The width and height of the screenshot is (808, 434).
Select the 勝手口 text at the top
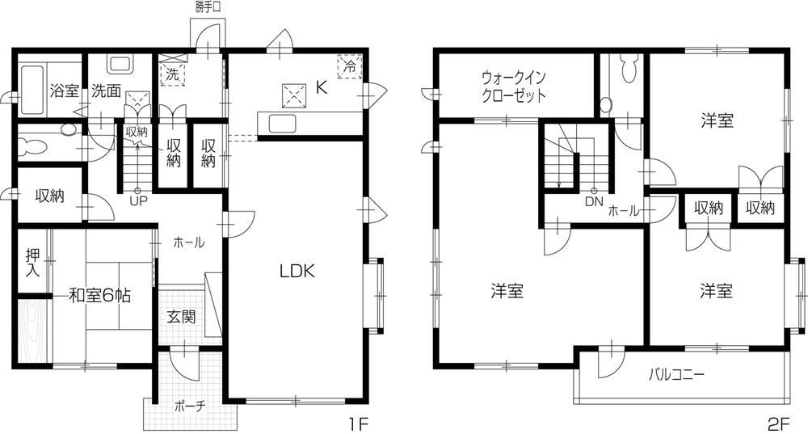(x=208, y=7)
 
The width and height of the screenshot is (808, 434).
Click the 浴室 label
(x=63, y=91)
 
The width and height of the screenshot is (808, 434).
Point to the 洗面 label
(x=105, y=91)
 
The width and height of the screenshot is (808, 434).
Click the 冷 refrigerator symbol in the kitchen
(x=349, y=65)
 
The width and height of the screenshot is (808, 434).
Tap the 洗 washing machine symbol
(x=172, y=74)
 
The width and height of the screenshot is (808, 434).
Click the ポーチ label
(x=189, y=407)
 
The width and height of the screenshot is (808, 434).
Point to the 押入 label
(x=32, y=262)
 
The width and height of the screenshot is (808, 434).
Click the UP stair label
(x=137, y=200)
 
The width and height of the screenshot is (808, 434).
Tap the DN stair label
(x=594, y=201)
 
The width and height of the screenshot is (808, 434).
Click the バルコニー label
(x=677, y=375)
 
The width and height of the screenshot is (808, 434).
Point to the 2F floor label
(x=778, y=422)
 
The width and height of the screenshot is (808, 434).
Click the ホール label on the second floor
(x=624, y=211)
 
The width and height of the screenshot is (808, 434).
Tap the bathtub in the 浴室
(x=33, y=90)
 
